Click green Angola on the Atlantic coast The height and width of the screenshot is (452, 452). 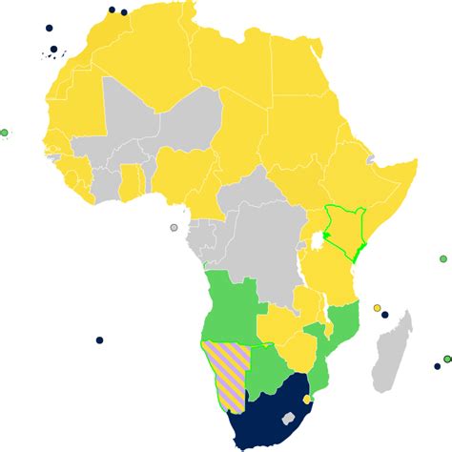tap(229, 305)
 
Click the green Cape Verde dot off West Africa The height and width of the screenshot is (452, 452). tap(5, 133)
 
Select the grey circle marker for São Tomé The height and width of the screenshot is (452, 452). tap(174, 228)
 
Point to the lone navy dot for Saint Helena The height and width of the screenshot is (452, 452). tap(99, 340)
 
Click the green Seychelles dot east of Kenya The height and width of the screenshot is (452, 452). tap(443, 258)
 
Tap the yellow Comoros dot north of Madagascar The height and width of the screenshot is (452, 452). tap(378, 308)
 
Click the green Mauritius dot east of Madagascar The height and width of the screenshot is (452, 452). tap(437, 366)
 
